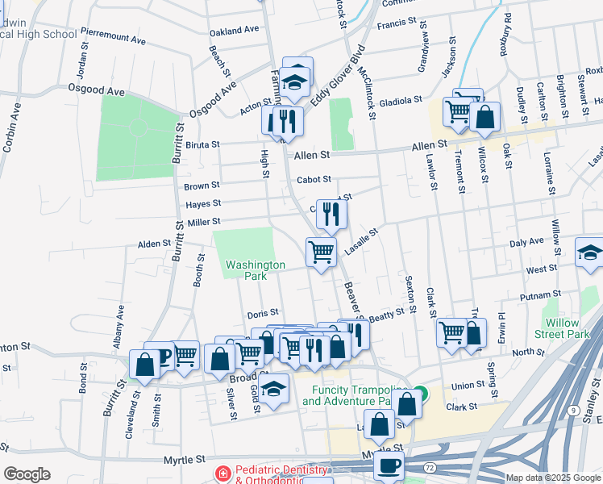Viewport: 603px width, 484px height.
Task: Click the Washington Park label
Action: click(x=256, y=269)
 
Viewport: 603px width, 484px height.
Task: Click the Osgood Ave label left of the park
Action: click(x=96, y=90)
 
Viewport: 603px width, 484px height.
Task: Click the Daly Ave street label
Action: click(x=527, y=242)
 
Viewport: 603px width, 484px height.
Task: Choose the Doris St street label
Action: click(x=263, y=312)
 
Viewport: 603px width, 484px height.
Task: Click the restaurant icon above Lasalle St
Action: click(x=331, y=214)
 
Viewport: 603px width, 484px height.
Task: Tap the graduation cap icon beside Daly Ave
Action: click(x=589, y=252)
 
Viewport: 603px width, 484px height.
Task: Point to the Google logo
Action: click(x=27, y=474)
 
